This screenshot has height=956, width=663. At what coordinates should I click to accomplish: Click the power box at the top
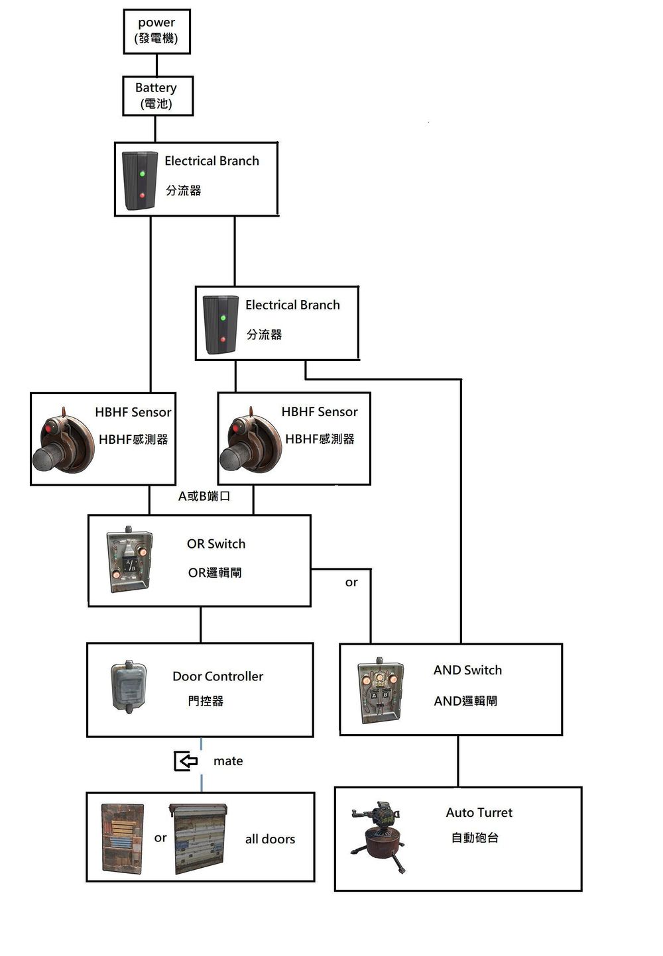[156, 31]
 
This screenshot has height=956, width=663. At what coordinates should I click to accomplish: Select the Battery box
[157, 96]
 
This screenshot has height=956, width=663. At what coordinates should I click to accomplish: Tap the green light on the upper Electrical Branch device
[142, 174]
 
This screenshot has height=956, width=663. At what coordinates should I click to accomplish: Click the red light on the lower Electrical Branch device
[223, 339]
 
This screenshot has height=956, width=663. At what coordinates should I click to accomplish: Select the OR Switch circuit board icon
[130, 560]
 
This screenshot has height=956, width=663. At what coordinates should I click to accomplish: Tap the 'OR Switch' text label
[216, 544]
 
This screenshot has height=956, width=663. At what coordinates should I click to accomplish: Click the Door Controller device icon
[128, 686]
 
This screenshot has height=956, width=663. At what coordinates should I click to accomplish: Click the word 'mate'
[228, 761]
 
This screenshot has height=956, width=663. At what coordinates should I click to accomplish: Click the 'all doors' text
[270, 839]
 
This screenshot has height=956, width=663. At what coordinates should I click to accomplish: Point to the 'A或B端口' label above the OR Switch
[204, 496]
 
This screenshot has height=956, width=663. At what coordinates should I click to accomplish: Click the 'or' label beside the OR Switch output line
[351, 582]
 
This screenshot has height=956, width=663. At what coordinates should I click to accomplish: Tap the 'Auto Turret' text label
[479, 813]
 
